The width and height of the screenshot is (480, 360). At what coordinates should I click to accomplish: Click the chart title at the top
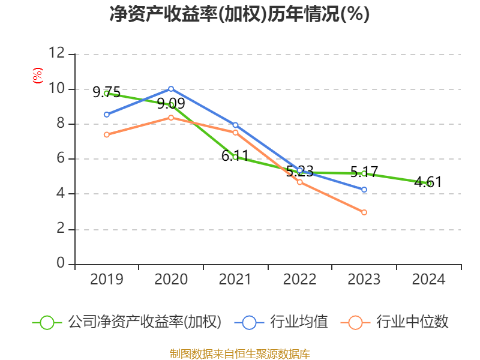(x=239, y=14)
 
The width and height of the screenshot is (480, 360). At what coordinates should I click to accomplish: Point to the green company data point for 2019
(x=106, y=93)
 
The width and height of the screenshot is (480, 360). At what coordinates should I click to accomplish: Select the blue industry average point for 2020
(x=171, y=89)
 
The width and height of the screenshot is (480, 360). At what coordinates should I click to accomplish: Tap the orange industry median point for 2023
(x=364, y=212)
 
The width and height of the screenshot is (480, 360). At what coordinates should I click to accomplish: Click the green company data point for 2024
(x=429, y=184)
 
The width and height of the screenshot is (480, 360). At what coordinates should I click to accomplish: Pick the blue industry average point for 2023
(x=364, y=190)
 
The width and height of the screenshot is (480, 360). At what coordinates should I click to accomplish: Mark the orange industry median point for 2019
(x=106, y=134)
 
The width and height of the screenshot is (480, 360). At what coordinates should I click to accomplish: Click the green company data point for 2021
(x=235, y=157)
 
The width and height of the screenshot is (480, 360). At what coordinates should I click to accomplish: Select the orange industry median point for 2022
(x=300, y=182)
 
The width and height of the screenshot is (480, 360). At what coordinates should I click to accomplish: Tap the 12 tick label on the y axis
(x=56, y=54)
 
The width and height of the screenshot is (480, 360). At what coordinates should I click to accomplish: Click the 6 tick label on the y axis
(x=60, y=159)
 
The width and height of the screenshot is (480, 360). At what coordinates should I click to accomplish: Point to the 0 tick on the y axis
(x=60, y=264)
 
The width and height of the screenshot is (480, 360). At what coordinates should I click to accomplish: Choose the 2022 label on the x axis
(x=300, y=280)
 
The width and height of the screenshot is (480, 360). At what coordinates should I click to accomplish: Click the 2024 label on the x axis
(x=429, y=280)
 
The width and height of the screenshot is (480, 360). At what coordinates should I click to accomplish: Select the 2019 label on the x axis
(x=106, y=280)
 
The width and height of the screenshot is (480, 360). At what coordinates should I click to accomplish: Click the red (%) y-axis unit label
(x=37, y=76)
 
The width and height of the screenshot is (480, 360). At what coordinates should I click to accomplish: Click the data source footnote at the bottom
(x=239, y=353)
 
